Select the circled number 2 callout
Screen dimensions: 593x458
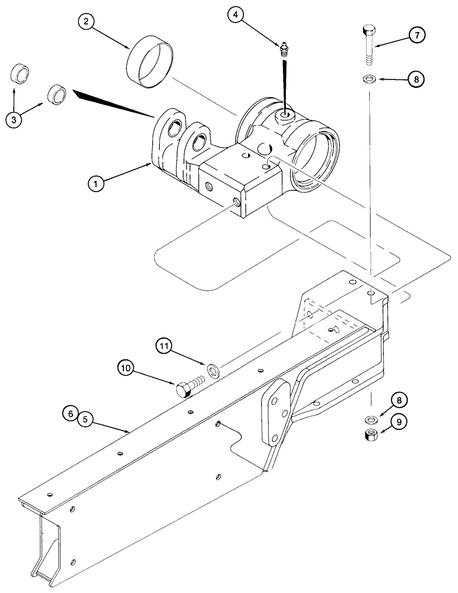click(87, 23)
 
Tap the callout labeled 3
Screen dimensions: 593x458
click(14, 120)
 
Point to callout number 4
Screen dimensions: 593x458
click(237, 14)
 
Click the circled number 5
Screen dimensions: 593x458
click(85, 419)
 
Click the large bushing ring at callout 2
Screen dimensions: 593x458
click(149, 62)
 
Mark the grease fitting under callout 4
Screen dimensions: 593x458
click(285, 49)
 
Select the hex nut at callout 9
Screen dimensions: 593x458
click(370, 436)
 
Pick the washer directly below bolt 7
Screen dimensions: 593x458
click(368, 78)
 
